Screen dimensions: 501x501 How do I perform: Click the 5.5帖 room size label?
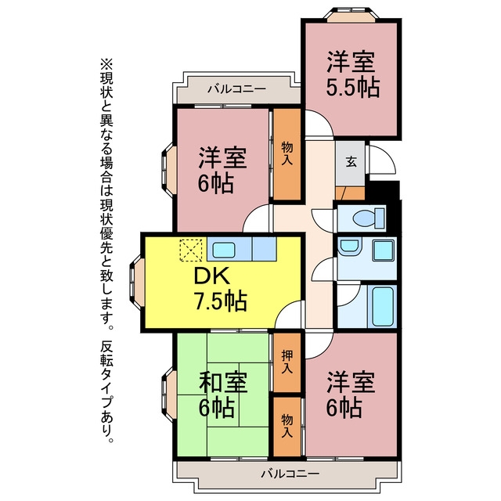pos(353,87)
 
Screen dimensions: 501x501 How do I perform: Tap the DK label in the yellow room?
pos(212,276)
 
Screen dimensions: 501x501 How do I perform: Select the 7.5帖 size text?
pos(221,301)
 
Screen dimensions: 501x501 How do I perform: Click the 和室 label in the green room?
pos(223,383)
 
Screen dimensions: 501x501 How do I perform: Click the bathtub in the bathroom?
pos(383,306)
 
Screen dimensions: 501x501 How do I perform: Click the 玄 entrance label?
pos(351,162)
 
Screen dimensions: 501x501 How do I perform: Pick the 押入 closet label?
pos(287,362)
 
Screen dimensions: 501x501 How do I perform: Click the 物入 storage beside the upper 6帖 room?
pos(287,154)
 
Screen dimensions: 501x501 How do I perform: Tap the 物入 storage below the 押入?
pos(287,426)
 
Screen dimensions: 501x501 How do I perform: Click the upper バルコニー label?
pos(237,88)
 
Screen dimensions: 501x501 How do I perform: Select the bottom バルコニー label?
pos(290,473)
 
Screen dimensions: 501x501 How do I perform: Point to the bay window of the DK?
pos(137,282)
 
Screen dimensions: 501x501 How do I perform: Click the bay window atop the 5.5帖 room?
pos(351,14)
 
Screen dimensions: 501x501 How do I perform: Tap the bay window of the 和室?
pos(169,394)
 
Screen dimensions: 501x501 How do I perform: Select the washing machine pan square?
pos(383,250)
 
